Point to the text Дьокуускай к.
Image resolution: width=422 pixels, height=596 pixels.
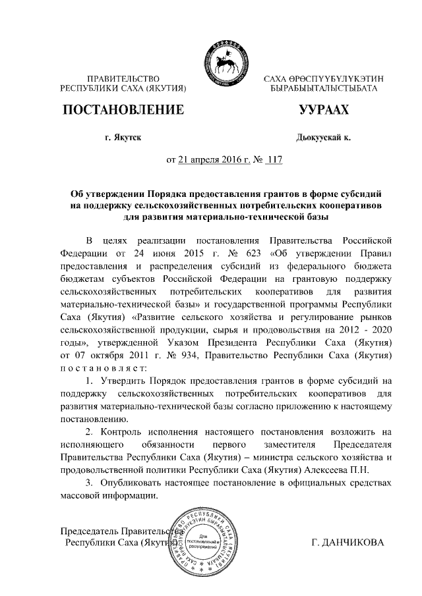324,138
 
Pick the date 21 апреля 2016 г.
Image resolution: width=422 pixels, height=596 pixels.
211,159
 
